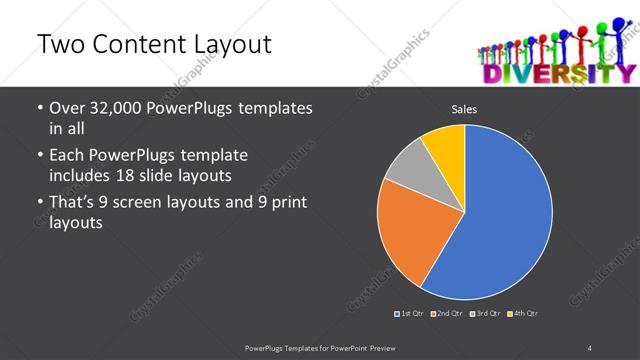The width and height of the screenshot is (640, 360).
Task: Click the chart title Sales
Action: click(464, 109)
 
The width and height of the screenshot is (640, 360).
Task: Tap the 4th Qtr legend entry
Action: click(523, 314)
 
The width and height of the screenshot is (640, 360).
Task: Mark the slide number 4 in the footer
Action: click(590, 347)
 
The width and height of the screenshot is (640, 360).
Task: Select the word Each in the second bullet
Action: click(66, 156)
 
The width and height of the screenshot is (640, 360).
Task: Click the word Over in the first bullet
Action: click(66, 107)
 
